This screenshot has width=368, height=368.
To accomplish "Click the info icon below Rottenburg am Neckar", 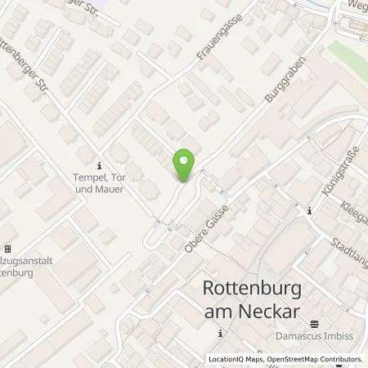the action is (x=221, y=333).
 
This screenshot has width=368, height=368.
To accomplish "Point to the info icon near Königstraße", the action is (x=309, y=212).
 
